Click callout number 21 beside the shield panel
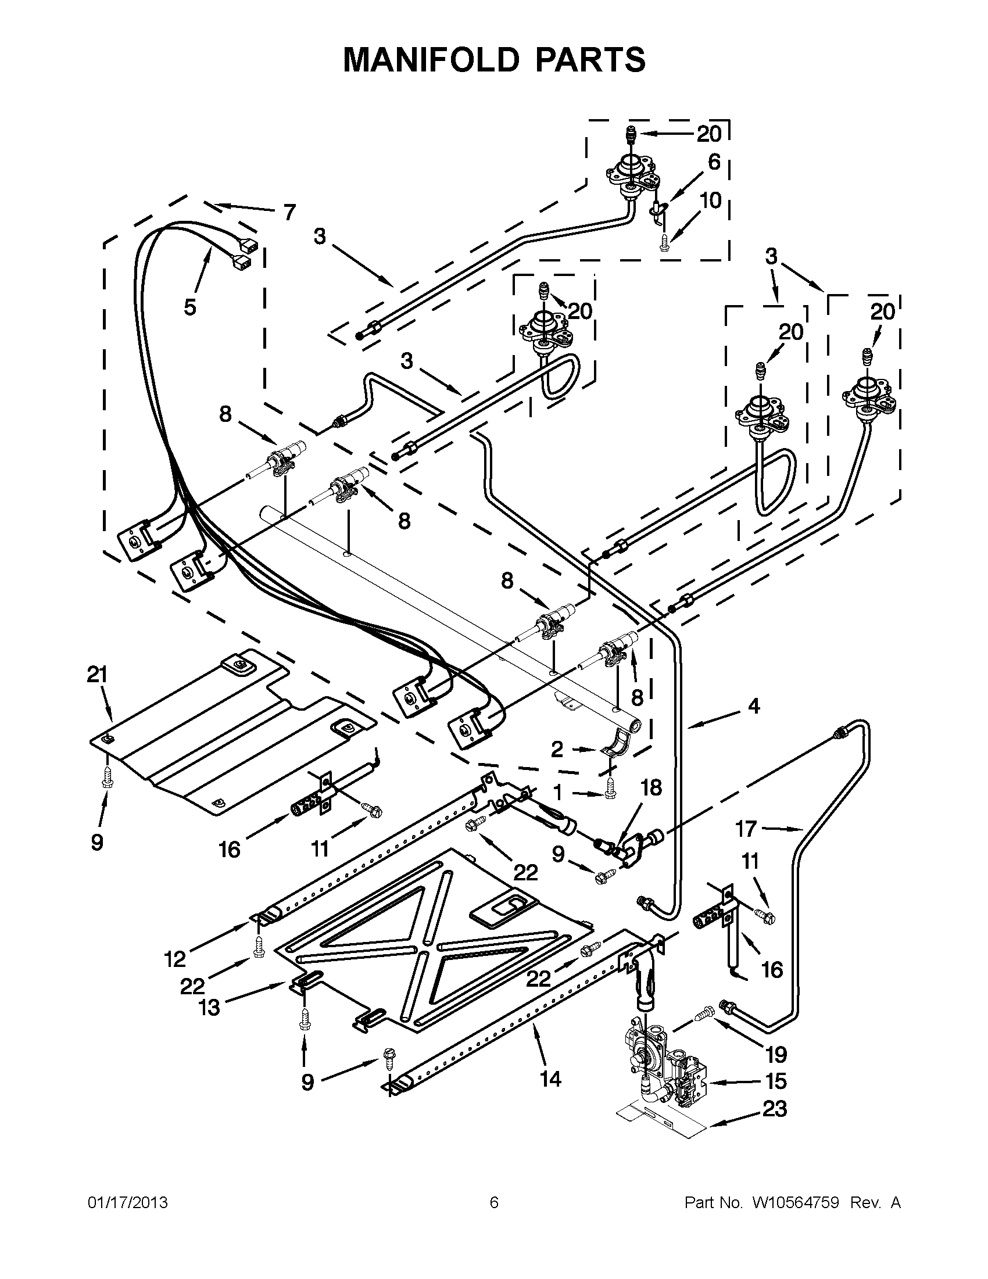pos(98,675)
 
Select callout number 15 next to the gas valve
pos(775,1080)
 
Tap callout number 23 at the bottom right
pos(775,1109)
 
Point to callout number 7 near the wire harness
pos(289,212)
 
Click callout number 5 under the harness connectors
pos(189,307)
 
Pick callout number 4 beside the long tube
pos(754,706)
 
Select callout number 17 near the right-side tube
pos(746,829)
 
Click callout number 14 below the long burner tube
pos(550,1078)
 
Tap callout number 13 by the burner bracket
pos(209,1006)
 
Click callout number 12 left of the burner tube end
pos(175,959)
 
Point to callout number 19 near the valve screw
pos(776,1054)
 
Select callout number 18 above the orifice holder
pos(651,787)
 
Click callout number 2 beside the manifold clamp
pos(557,748)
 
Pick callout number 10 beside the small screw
pos(710,200)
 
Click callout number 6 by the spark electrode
pos(713,162)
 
